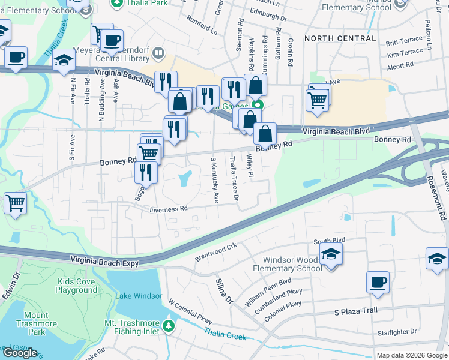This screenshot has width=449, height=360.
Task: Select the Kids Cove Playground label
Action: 77,286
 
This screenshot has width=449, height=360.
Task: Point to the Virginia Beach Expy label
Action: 104,262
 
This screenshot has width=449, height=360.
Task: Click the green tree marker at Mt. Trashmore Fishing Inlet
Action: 169,326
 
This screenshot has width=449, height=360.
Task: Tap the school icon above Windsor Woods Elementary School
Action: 330,253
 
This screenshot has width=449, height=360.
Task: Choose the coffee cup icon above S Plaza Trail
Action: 378,282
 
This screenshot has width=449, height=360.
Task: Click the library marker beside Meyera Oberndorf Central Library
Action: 158,53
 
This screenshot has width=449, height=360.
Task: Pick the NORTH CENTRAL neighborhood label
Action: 340,38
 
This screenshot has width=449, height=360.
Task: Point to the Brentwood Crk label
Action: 216,252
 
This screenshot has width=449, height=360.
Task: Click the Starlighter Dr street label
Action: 396,332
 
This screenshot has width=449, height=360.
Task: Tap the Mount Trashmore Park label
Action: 36,323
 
